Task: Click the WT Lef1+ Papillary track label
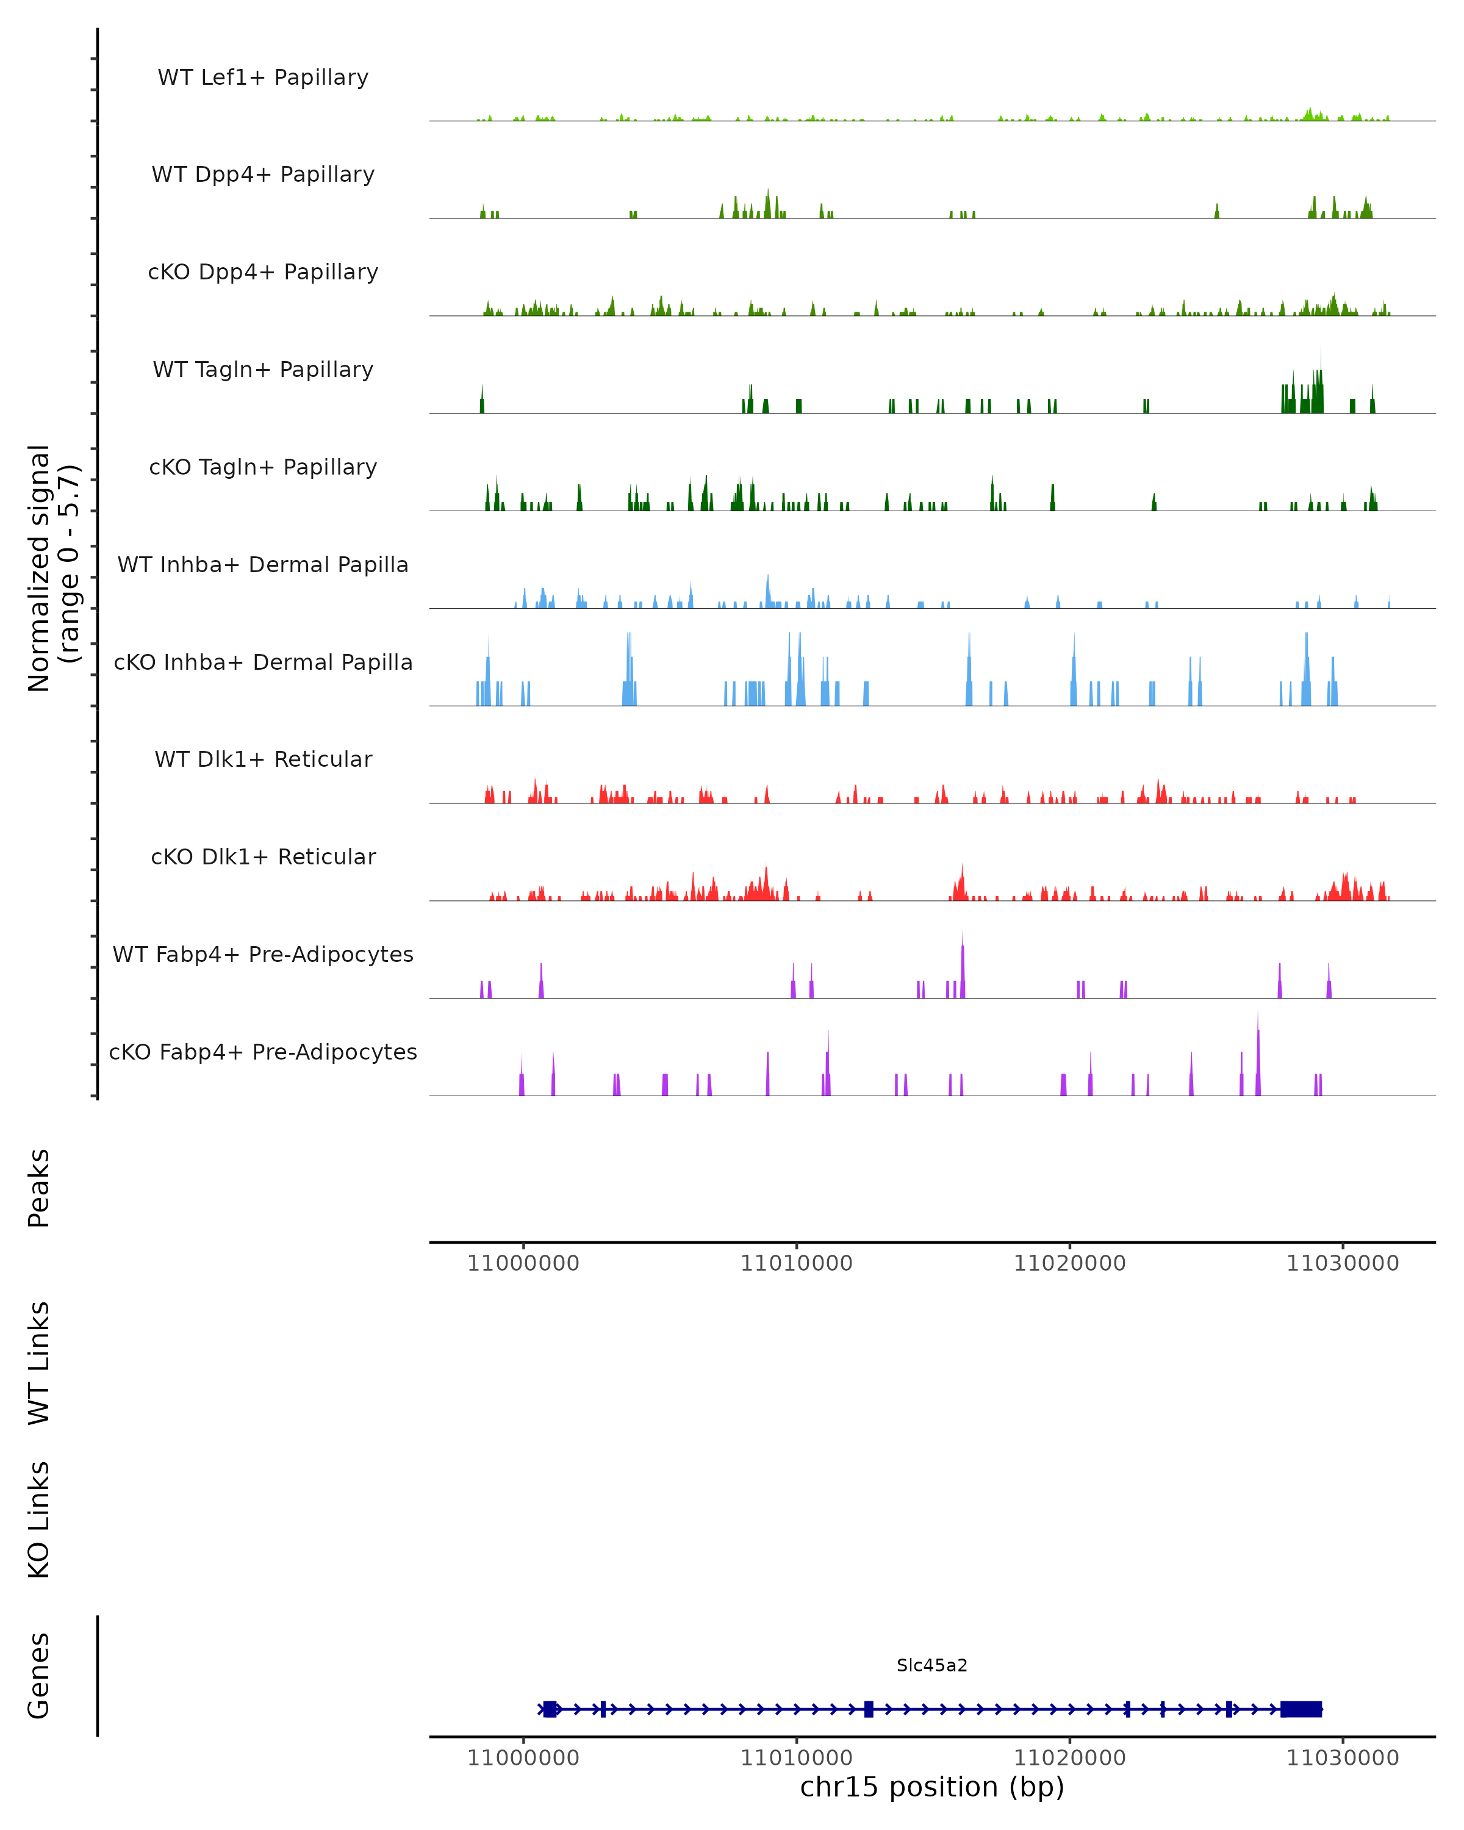tap(263, 77)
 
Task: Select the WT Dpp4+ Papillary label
tap(263, 175)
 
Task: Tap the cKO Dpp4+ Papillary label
tap(263, 273)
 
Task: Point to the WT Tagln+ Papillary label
tap(263, 370)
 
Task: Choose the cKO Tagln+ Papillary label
tap(263, 468)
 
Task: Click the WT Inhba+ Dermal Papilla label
tap(263, 565)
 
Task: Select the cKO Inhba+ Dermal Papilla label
tap(263, 663)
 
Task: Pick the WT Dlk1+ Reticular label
tap(263, 759)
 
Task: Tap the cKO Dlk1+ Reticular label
tap(263, 857)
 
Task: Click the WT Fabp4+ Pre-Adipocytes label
tap(263, 955)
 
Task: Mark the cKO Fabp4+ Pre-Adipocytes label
tap(263, 1052)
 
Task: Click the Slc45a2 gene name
tap(932, 1665)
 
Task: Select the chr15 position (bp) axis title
tap(932, 1787)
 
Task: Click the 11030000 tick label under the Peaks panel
tap(1343, 1263)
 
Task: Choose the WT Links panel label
tap(39, 1362)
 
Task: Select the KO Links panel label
tap(39, 1520)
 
